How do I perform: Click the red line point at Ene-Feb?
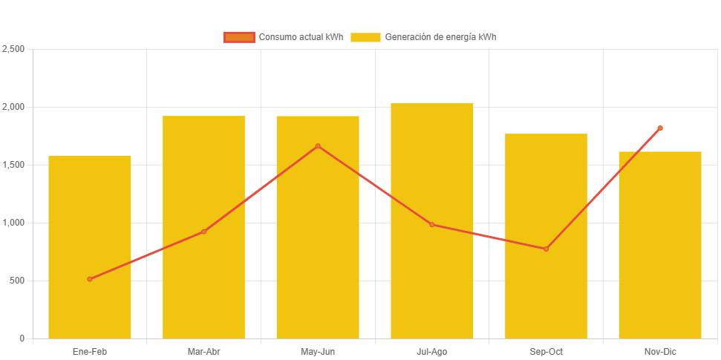[x=90, y=279]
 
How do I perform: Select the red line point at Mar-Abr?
[x=203, y=232]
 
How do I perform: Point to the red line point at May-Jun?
[x=318, y=146]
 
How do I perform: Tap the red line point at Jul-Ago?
[x=432, y=224]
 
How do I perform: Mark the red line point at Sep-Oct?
[x=546, y=249]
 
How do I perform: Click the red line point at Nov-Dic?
[x=660, y=128]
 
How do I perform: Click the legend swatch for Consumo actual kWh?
[x=239, y=37]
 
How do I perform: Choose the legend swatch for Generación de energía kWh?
[x=365, y=37]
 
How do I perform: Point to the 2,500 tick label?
[x=13, y=49]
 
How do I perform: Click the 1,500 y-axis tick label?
[x=13, y=165]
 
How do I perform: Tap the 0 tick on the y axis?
[x=22, y=338]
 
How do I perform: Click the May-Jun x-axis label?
[x=318, y=352]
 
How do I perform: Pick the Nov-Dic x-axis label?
[x=660, y=352]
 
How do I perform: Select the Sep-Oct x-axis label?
[x=546, y=352]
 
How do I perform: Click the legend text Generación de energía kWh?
[x=440, y=37]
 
